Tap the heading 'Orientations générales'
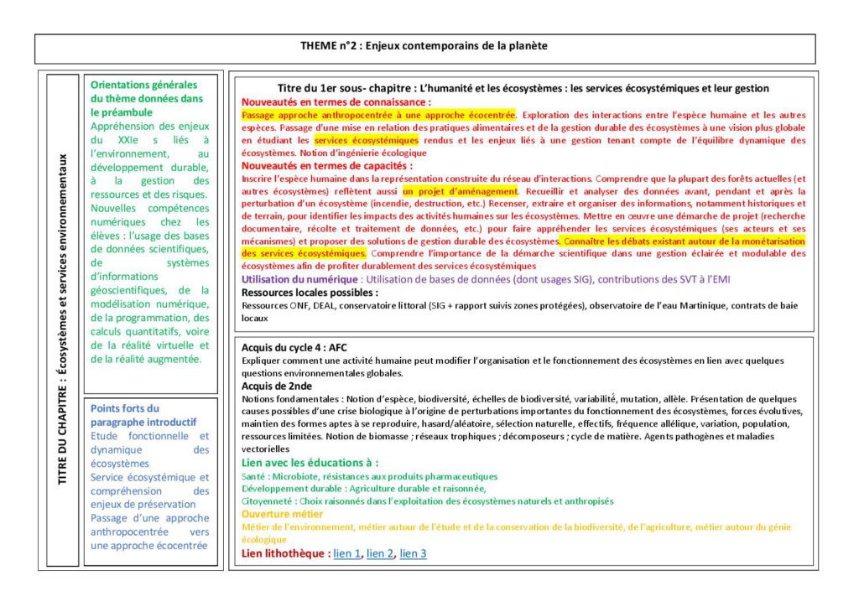point(143,98)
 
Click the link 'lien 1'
point(347,553)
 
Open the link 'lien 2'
point(380,553)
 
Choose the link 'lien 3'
point(413,553)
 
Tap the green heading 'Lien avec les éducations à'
point(310,463)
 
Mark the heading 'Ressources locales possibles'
point(310,293)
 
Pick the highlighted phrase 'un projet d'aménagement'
point(459,191)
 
